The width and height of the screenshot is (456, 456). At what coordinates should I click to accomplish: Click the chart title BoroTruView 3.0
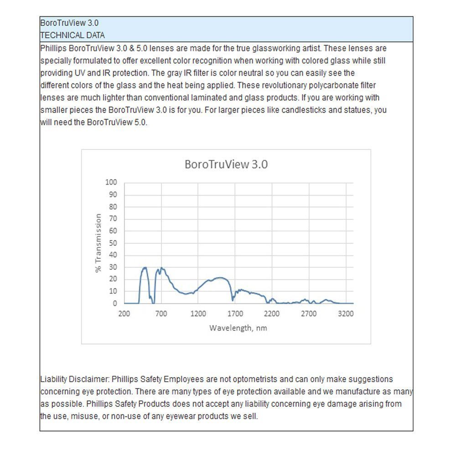coord(226,165)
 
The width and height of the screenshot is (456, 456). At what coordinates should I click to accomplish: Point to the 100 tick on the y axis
coord(112,182)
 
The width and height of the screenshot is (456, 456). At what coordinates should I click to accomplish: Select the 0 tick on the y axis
coord(115,303)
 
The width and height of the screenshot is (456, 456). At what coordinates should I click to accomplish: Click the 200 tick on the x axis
coord(124,314)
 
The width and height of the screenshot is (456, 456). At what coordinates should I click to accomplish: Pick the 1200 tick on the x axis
coord(198,314)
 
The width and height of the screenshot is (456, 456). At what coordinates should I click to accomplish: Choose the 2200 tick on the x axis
coord(272,314)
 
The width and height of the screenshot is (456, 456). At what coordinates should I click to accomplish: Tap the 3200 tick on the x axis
coord(346,314)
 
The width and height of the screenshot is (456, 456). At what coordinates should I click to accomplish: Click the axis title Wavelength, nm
coord(238,328)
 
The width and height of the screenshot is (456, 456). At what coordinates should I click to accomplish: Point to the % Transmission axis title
coord(98,243)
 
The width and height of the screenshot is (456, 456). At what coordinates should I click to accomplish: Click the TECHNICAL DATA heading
coord(73,35)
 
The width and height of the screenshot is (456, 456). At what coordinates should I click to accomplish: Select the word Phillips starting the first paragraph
coord(52,48)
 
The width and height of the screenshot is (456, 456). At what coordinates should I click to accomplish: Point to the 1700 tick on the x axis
coord(235,314)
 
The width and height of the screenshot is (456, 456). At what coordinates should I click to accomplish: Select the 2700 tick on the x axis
coord(309,314)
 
